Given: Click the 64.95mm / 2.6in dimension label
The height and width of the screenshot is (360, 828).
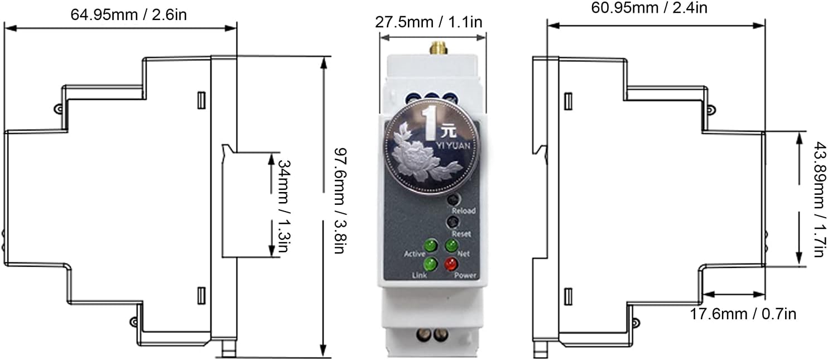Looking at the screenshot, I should pos(128,15).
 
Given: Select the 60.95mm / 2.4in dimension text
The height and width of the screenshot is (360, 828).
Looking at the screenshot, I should pos(648,8).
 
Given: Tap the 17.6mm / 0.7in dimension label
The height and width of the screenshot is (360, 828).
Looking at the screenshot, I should pos(744,314).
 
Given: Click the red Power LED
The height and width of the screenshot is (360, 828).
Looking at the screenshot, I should pos(450,264).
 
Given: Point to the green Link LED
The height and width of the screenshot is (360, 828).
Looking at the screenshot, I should pos(430,264).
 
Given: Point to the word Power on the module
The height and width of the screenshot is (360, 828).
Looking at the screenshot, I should pos(465,275).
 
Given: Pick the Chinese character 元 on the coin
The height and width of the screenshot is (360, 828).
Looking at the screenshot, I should pos(447,132).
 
